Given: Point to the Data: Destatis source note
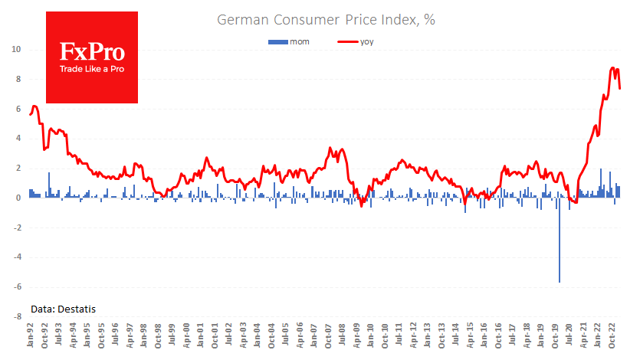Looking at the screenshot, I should (64, 309).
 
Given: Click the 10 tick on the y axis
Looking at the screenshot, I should (15, 50).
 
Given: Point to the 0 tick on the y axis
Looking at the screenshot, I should (17, 198).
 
